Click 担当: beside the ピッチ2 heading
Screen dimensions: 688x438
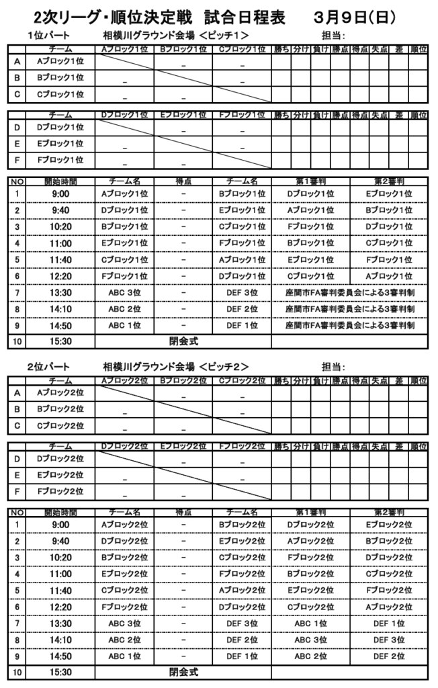[334, 367]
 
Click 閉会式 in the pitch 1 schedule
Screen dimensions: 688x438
[184, 341]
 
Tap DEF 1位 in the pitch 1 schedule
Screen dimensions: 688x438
[243, 325]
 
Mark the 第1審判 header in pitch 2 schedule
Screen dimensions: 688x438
[310, 511]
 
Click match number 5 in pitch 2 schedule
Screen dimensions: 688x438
[17, 590]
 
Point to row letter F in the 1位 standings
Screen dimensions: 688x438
[17, 160]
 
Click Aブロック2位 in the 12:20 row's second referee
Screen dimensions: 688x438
[389, 607]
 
